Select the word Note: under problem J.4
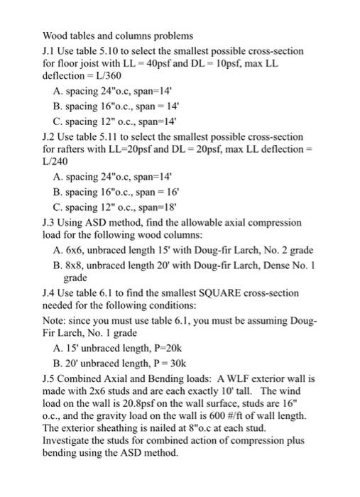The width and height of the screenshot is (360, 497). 55,321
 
